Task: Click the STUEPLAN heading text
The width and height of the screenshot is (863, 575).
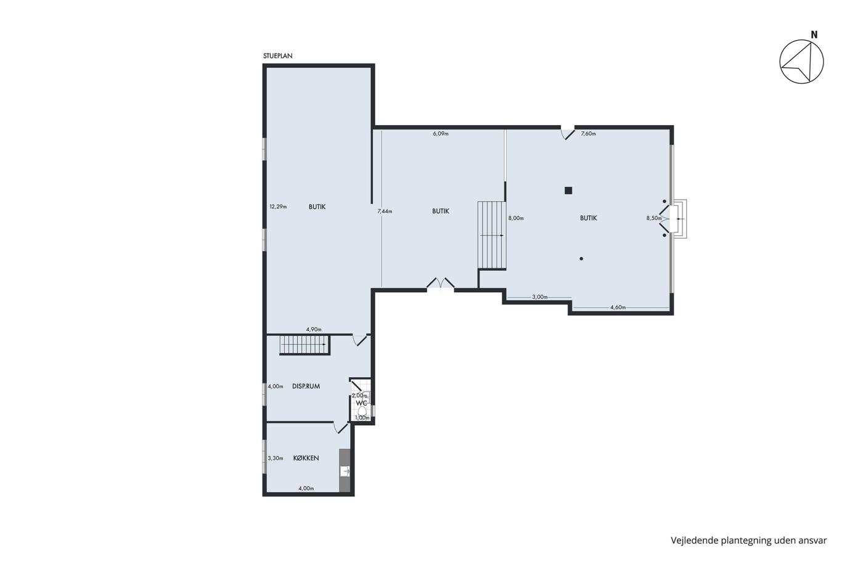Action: click(278, 56)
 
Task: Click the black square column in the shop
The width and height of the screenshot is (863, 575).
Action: click(568, 190)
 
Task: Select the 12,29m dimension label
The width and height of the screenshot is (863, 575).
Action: click(278, 206)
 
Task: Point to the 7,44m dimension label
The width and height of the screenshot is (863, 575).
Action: click(385, 211)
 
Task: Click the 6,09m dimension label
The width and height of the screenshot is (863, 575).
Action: click(441, 134)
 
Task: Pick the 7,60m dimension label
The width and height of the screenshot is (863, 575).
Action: click(588, 134)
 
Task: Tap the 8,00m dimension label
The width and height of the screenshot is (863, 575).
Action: click(516, 218)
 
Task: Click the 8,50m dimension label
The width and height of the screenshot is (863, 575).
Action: click(654, 218)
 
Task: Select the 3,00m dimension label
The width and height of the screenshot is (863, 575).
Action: click(540, 297)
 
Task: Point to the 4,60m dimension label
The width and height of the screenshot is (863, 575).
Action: click(618, 308)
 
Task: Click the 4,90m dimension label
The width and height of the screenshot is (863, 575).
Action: click(314, 329)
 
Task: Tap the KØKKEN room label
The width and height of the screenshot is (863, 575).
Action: click(306, 458)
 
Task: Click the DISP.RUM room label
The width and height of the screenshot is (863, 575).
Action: click(306, 386)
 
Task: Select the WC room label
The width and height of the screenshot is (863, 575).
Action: click(361, 403)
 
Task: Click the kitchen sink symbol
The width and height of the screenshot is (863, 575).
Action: click(345, 471)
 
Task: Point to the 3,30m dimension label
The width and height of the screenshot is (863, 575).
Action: click(276, 459)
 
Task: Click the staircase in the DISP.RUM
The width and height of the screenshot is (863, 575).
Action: click(305, 345)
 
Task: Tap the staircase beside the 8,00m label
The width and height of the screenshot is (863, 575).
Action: click(492, 235)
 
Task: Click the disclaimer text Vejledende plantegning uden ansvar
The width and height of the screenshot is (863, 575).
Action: click(748, 540)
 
